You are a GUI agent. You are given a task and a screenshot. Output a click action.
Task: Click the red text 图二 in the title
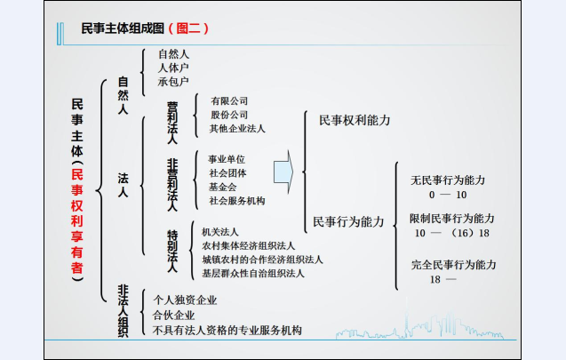(x=188, y=28)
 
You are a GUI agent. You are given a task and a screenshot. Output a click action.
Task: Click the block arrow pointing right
(x=283, y=172)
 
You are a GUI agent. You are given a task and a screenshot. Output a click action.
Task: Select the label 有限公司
(x=229, y=100)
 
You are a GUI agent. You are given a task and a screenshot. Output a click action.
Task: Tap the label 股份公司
(x=229, y=115)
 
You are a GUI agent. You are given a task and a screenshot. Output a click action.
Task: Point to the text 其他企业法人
(x=237, y=128)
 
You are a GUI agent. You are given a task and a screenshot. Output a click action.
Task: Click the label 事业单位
(x=227, y=159)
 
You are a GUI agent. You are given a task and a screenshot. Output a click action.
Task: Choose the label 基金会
(x=222, y=187)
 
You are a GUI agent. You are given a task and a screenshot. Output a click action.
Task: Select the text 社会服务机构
(x=237, y=201)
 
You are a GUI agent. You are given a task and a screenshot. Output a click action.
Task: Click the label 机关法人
(x=219, y=232)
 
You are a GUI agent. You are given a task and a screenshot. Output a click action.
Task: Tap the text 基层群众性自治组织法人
(x=253, y=274)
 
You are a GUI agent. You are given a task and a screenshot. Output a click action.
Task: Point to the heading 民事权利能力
(x=355, y=120)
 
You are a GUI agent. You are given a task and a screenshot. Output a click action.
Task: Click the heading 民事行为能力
(x=348, y=221)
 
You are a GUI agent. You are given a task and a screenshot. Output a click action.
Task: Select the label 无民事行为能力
(x=448, y=180)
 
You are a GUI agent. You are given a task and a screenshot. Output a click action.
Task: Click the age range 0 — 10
(x=448, y=195)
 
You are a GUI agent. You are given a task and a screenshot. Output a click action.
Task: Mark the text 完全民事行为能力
(x=454, y=265)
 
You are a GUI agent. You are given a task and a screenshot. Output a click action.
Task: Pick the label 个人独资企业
(x=185, y=300)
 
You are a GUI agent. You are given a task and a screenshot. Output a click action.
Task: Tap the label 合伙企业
(x=173, y=316)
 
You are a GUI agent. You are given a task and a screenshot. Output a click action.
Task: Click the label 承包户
(x=173, y=82)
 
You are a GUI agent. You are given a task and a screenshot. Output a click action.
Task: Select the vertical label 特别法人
(x=172, y=251)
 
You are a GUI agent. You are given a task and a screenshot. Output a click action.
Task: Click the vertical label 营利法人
(x=172, y=123)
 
